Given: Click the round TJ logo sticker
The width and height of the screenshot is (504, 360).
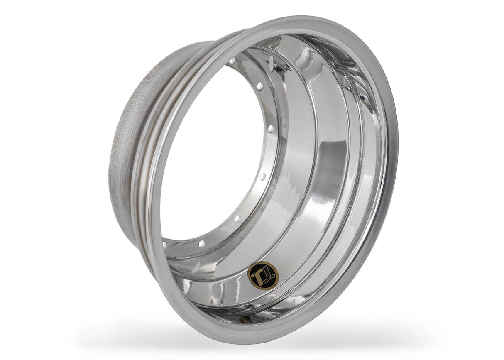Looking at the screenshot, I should pos(263,275).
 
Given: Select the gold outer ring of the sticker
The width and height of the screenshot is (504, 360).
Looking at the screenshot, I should pos(263,264).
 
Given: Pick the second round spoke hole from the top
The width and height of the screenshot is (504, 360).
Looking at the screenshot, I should pos(259,86).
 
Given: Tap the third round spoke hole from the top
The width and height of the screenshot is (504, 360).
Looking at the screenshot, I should pos(271,128).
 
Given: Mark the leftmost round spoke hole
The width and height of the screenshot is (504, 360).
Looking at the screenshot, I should pos(165,244).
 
